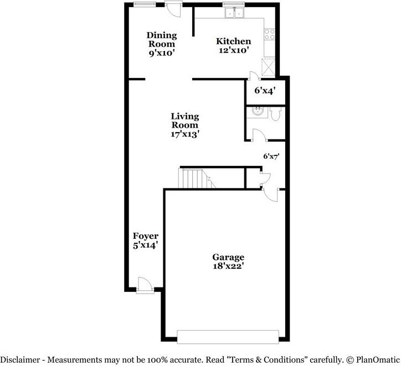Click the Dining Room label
coord(161,40)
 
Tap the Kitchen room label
coord(233,41)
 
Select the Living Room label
coord(184,121)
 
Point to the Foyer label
coord(145,236)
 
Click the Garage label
coord(228,257)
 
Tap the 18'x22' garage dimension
coord(228,265)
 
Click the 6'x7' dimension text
coord(271,156)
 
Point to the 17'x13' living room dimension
coord(184,133)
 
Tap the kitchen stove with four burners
coord(270,35)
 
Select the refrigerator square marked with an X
coord(270,66)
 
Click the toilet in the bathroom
coord(276,114)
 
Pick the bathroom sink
coord(256,112)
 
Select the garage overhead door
coord(228,335)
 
